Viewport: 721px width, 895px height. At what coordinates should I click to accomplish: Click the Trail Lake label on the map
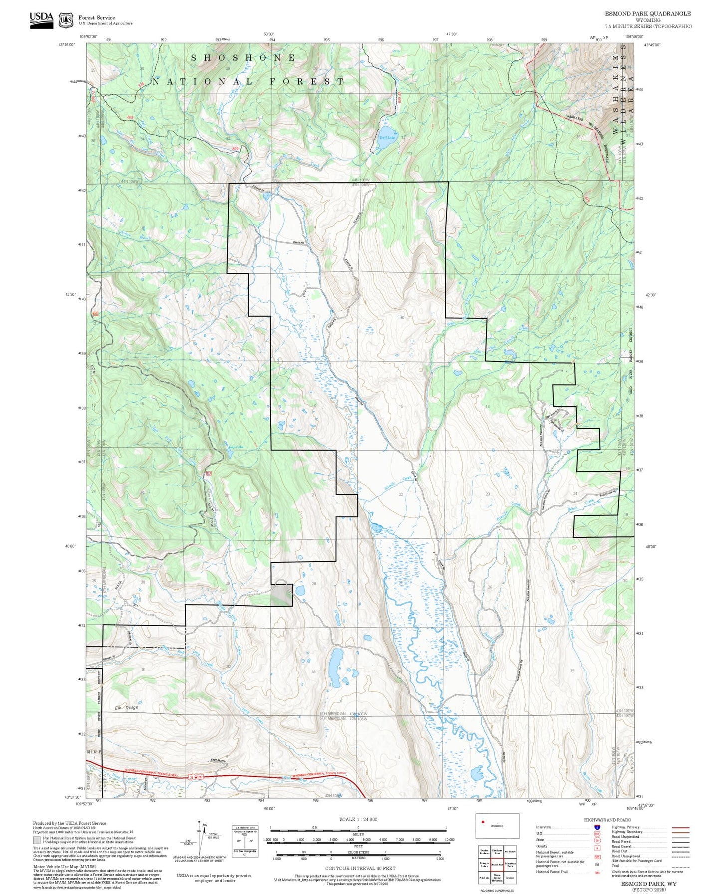point(387,138)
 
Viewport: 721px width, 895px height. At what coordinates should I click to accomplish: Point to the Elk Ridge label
point(126,707)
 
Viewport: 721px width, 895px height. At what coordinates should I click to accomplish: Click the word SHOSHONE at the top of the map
point(243,58)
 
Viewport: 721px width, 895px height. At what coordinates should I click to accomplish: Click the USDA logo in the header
point(41,19)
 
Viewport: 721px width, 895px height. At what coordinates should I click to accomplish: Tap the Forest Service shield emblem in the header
point(66,20)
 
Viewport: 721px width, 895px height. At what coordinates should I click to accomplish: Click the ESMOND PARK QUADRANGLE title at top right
point(648,14)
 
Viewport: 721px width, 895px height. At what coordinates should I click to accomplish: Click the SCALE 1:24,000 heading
point(358,819)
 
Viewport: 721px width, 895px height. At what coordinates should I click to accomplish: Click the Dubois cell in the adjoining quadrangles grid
point(510,877)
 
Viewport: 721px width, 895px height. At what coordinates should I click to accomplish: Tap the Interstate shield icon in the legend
point(597,827)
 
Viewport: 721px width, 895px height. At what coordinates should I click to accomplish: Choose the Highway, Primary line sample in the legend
point(680,827)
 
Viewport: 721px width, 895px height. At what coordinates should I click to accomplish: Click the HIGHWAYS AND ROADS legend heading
point(607,820)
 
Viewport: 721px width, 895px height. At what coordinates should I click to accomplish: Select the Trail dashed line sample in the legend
point(680,867)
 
